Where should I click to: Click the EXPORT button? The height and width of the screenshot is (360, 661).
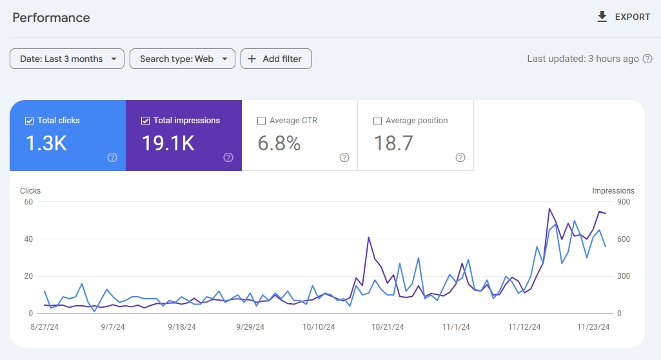click(624, 17)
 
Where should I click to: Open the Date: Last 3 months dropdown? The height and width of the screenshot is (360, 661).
click(67, 59)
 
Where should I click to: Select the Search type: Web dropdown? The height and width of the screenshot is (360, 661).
click(182, 59)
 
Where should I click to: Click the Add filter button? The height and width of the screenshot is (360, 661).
click(276, 59)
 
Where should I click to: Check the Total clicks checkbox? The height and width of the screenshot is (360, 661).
click(29, 121)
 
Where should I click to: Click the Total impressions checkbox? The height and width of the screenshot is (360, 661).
click(145, 121)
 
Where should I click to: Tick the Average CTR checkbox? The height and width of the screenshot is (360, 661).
click(261, 121)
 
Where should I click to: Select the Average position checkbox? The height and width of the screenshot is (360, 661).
click(377, 121)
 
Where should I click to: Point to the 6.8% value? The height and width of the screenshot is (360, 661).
click(279, 143)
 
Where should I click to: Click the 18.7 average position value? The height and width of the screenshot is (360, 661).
click(393, 143)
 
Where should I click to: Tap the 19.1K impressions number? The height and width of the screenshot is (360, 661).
click(168, 143)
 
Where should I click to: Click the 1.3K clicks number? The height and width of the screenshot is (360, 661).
click(46, 143)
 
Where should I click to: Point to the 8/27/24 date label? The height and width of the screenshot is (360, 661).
click(44, 327)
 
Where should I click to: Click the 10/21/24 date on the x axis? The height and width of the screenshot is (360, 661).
click(388, 327)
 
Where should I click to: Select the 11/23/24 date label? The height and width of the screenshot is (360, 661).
click(593, 327)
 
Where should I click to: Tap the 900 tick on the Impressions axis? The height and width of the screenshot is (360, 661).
click(623, 202)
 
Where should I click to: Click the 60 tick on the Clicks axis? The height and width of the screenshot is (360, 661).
click(28, 202)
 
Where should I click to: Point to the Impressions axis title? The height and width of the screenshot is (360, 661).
click(613, 191)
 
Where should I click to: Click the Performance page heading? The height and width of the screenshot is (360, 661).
click(52, 17)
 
